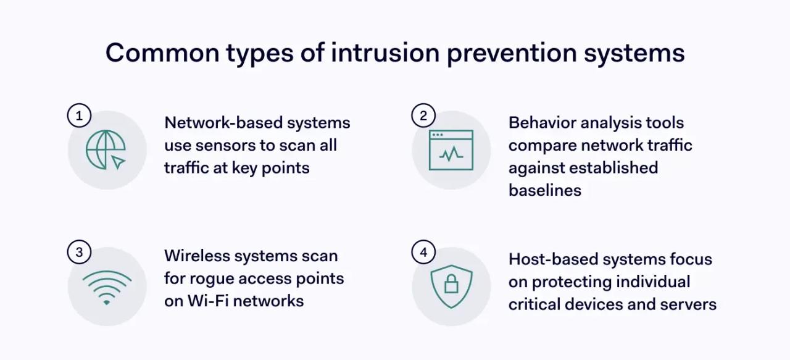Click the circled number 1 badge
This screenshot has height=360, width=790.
(x=79, y=115)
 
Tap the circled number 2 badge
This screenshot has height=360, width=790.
(x=423, y=115)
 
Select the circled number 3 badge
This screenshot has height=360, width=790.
(x=79, y=252)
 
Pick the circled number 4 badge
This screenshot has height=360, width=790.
(x=423, y=252)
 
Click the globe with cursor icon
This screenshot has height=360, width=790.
(x=106, y=150)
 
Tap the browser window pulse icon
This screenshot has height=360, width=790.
(x=451, y=150)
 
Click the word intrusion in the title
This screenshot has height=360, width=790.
(x=385, y=53)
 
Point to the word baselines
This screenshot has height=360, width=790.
(x=545, y=190)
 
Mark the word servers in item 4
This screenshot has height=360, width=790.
(x=688, y=304)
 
